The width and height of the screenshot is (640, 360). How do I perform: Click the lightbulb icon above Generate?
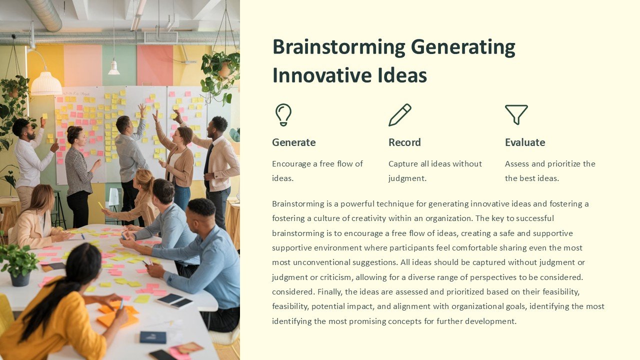[283, 114]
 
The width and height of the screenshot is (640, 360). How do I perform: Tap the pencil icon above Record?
[400, 115]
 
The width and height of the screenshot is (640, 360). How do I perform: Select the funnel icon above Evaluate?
[516, 114]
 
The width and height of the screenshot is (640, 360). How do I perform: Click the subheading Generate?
[293, 142]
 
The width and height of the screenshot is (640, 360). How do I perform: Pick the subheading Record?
[404, 142]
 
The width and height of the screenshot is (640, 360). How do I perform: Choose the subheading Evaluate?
[524, 142]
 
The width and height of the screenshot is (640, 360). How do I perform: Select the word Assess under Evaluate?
[517, 163]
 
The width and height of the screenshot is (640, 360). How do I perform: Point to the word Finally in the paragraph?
[329, 291]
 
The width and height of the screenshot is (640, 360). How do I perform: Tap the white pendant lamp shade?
[46, 83]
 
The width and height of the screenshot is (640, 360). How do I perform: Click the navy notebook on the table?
[152, 337]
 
